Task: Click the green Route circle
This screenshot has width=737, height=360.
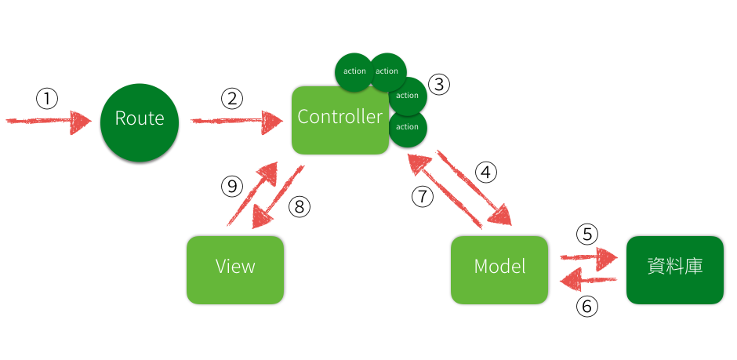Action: (x=140, y=119)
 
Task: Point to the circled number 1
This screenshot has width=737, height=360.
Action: (x=48, y=98)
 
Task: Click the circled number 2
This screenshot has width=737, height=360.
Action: (x=232, y=98)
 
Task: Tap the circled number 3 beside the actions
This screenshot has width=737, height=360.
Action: (x=439, y=85)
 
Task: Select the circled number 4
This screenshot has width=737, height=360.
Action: (x=486, y=172)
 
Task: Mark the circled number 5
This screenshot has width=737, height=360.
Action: (x=587, y=234)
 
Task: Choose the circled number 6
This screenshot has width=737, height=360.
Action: (x=587, y=306)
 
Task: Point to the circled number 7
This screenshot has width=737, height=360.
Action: (x=423, y=196)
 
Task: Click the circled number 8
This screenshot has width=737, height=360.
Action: (x=300, y=207)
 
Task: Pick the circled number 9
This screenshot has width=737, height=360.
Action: (x=231, y=186)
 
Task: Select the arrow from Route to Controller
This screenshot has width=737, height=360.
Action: (x=235, y=121)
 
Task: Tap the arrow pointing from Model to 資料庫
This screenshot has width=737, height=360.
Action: (x=589, y=256)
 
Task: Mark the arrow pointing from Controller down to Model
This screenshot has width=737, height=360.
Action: (x=474, y=186)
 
